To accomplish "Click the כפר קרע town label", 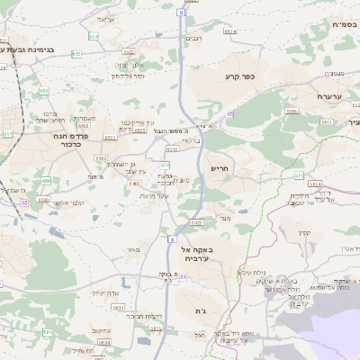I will (x=241, y=77).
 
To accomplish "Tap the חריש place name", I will (x=220, y=167).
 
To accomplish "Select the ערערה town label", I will (x=331, y=95).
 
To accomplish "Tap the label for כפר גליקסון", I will (x=129, y=76).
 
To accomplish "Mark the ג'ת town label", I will (x=200, y=310).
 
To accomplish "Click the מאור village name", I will (x=135, y=249).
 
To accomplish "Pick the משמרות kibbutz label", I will (x=85, y=118).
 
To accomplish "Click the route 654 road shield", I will (x=94, y=37).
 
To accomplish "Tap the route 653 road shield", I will (x=76, y=54).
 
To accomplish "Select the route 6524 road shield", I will (x=230, y=31).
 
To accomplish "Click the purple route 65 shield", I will (x=229, y=113).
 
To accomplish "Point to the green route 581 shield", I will (x=165, y=166).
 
